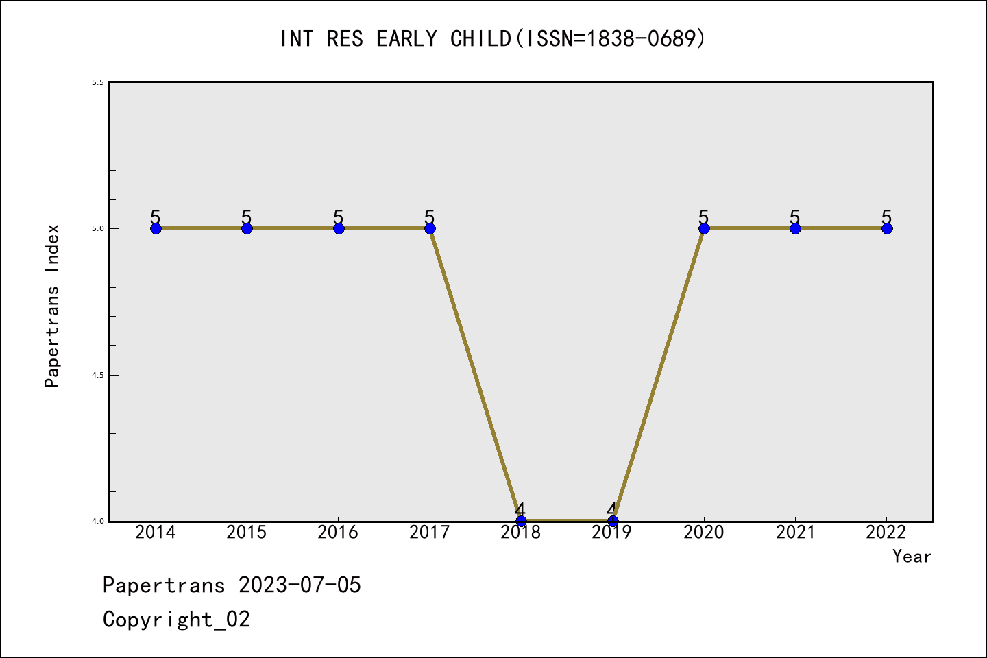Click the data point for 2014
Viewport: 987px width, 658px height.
(156, 228)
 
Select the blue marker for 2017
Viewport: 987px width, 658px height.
(430, 228)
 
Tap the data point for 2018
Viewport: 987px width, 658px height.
(521, 522)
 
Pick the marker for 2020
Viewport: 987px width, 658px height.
(704, 228)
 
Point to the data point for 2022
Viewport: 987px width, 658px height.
(887, 228)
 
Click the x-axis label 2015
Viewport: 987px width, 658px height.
(247, 533)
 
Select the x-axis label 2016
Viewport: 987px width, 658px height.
(338, 533)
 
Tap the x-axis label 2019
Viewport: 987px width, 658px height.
(612, 533)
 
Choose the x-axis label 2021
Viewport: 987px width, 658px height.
(795, 533)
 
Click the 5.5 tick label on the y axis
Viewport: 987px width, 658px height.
(98, 82)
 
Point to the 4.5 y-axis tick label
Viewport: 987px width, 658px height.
(98, 375)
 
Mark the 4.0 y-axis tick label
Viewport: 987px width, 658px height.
(98, 522)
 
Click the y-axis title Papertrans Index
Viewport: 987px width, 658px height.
(52, 306)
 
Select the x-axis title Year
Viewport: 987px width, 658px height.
(912, 557)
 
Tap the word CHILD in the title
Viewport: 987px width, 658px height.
(480, 38)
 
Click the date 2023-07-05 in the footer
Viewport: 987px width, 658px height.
(300, 585)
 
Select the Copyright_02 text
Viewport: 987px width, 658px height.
(176, 620)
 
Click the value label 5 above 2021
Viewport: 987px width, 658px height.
(794, 217)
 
